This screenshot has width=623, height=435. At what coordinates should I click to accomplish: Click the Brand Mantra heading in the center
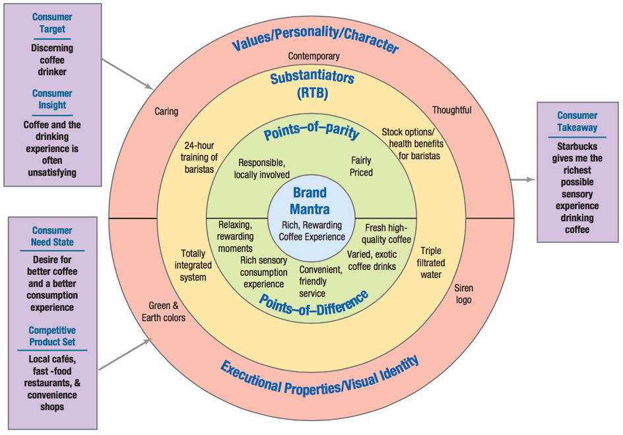pyautogui.click(x=310, y=202)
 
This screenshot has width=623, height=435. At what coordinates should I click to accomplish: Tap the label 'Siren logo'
pyautogui.click(x=463, y=294)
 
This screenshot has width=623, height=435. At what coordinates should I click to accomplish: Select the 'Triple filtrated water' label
pyautogui.click(x=430, y=262)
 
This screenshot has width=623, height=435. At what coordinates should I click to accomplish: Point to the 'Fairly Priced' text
pyautogui.click(x=361, y=166)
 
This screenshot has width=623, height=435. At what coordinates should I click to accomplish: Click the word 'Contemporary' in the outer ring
pyautogui.click(x=313, y=57)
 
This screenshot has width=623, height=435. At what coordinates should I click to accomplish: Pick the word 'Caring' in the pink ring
pyautogui.click(x=166, y=112)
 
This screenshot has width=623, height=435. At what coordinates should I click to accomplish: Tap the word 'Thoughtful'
pyautogui.click(x=451, y=110)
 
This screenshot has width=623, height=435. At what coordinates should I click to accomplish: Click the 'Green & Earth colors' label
pyautogui.click(x=164, y=312)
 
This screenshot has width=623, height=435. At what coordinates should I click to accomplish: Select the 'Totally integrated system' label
pyautogui.click(x=193, y=265)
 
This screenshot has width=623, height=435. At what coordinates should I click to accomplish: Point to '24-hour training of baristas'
pyautogui.click(x=199, y=157)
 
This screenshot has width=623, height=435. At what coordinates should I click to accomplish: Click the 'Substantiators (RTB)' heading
pyautogui.click(x=312, y=86)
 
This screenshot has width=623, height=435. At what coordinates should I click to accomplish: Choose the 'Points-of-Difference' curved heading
pyautogui.click(x=313, y=301)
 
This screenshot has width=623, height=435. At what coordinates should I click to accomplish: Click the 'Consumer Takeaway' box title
pyautogui.click(x=577, y=121)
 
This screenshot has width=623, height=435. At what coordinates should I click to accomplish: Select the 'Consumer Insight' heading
pyautogui.click(x=52, y=99)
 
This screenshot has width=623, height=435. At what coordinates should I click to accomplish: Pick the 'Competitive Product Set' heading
pyautogui.click(x=52, y=336)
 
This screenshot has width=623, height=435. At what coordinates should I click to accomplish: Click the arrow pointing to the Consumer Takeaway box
pyautogui.click(x=526, y=179)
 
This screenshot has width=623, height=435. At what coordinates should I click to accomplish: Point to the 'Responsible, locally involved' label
pyautogui.click(x=262, y=168)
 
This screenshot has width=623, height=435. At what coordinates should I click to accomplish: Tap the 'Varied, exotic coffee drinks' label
pyautogui.click(x=372, y=260)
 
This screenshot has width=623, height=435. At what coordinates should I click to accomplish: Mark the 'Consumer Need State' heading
pyautogui.click(x=52, y=236)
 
